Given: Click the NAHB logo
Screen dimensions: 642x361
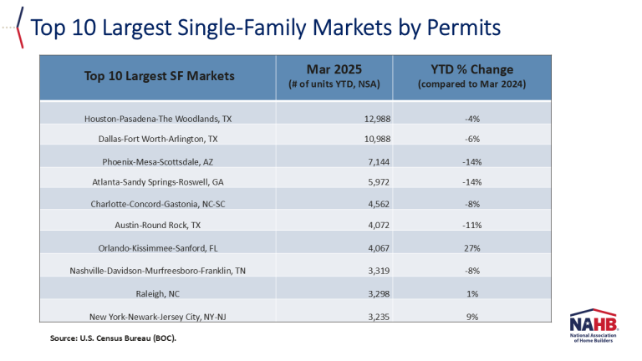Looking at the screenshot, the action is [x=594, y=325].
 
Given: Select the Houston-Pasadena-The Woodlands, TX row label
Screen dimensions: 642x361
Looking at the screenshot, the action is [x=158, y=119].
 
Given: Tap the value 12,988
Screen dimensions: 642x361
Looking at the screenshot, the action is [x=377, y=119].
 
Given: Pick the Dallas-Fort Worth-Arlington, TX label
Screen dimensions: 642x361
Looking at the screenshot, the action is [x=158, y=139].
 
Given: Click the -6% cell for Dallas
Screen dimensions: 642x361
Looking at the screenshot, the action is [x=472, y=139].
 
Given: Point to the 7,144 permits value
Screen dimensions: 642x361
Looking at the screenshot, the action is [x=379, y=161].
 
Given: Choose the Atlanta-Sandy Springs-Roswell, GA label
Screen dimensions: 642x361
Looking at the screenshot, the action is [x=158, y=181].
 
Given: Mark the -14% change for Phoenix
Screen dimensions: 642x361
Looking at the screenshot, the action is [x=472, y=161].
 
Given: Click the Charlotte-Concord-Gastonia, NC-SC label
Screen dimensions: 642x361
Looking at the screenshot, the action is [x=158, y=204].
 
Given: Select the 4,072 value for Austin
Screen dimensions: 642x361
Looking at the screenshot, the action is [x=379, y=225].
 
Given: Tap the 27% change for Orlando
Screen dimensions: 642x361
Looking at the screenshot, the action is [x=472, y=248].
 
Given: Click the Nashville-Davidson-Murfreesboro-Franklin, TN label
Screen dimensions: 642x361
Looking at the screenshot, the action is [x=158, y=271].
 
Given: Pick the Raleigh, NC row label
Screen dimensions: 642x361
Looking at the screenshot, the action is [x=158, y=293].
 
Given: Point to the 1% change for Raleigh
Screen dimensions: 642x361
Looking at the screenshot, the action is [x=472, y=293].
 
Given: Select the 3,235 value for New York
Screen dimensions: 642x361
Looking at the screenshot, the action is [x=379, y=317].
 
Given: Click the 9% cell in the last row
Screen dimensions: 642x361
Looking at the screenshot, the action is [x=472, y=317].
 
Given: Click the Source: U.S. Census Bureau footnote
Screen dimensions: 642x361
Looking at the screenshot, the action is [x=113, y=338].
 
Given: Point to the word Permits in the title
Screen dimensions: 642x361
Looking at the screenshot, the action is [x=463, y=28].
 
